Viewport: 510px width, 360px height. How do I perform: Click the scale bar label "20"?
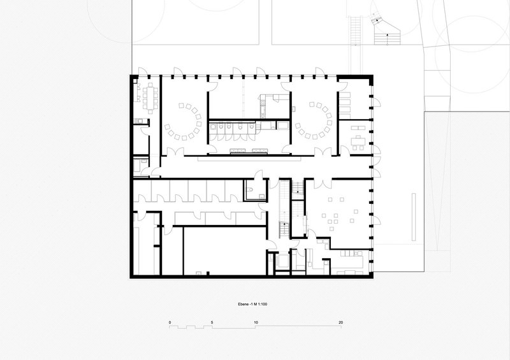[x=340, y=322]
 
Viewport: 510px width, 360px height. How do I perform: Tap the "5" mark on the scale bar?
[x=212, y=322]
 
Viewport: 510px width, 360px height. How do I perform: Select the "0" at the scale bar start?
[x=170, y=322]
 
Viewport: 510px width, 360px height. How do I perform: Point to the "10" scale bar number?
[x=256, y=322]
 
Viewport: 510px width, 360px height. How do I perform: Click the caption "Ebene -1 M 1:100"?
[x=252, y=305]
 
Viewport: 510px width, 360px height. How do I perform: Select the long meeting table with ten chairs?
[x=150, y=98]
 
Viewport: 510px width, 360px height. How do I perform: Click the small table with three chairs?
[x=358, y=143]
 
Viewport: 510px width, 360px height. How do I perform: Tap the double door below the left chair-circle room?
[x=175, y=152]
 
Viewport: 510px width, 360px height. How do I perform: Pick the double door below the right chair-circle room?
[x=323, y=152]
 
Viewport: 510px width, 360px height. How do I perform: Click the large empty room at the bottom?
[x=225, y=251]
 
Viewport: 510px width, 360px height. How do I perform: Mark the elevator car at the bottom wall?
[x=282, y=261]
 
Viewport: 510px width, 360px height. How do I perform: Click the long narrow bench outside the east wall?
[x=414, y=217]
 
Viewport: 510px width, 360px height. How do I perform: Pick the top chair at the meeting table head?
[x=150, y=85]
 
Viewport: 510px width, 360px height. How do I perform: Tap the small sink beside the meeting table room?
[x=140, y=121]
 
